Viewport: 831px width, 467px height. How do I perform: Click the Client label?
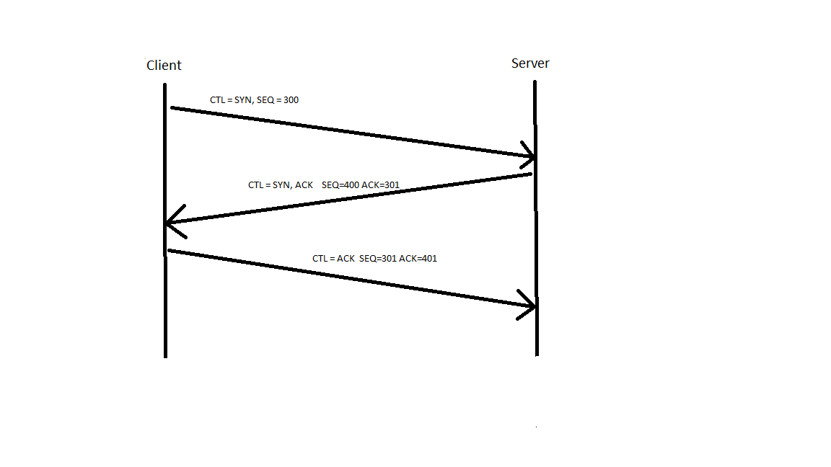(x=164, y=65)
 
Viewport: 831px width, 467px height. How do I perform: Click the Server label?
(x=530, y=63)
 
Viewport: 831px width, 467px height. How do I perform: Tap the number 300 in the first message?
(x=291, y=100)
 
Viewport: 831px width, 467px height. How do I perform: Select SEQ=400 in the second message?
(x=340, y=184)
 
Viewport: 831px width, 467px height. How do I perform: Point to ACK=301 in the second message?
(x=381, y=184)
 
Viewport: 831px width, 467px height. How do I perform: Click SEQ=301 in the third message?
(x=378, y=259)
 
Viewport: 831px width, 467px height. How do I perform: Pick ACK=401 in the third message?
(x=418, y=259)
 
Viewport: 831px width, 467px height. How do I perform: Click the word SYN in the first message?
(x=243, y=100)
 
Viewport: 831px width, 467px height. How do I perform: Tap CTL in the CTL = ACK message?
(x=320, y=259)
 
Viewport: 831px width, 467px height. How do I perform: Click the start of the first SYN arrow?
(x=172, y=108)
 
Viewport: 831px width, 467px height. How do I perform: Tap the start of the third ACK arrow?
(x=170, y=251)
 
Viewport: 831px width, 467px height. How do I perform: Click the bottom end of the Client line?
(x=165, y=357)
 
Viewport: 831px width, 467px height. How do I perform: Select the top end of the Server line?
(x=535, y=81)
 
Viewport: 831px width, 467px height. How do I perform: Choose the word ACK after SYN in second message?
(x=304, y=184)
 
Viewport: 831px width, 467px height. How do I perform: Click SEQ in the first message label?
(x=265, y=100)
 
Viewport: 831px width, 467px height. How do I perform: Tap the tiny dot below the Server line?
(x=537, y=426)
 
